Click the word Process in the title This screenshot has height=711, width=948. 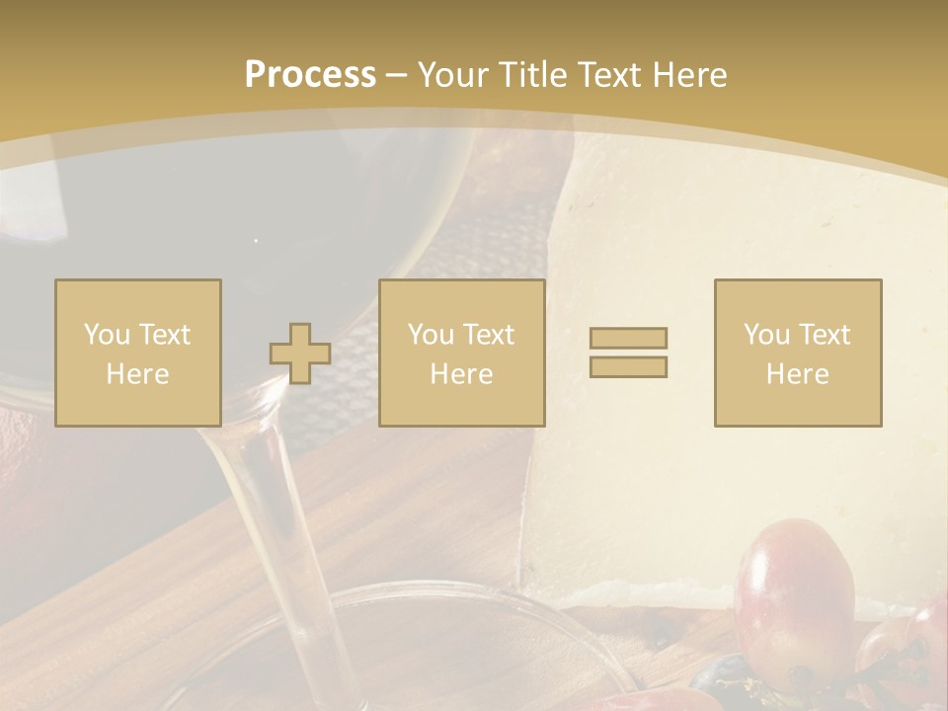(x=310, y=75)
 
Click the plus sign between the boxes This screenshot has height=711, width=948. (x=300, y=354)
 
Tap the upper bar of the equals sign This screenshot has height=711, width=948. (x=628, y=338)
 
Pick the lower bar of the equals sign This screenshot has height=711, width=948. (x=628, y=366)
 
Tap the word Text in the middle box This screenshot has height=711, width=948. (x=489, y=335)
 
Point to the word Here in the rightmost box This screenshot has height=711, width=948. (x=798, y=374)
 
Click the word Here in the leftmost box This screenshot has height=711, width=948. (x=138, y=374)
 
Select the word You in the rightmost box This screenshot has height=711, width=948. (x=766, y=335)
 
